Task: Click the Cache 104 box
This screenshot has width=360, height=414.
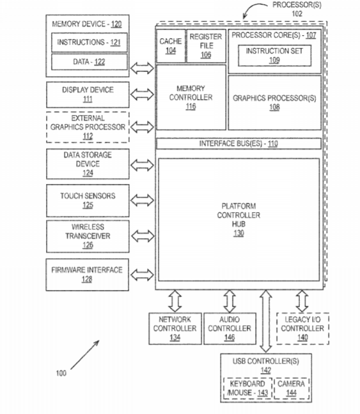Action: point(171,46)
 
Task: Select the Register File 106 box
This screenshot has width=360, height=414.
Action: point(206,46)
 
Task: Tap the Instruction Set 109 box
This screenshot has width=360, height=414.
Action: point(274,56)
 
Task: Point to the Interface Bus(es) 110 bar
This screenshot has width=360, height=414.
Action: point(239,144)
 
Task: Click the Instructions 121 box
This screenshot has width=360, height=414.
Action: point(90,42)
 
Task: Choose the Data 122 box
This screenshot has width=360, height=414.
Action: point(90,62)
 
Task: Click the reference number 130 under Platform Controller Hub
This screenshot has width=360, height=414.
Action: point(239,233)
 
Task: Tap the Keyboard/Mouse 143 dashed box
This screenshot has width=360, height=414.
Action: point(247,388)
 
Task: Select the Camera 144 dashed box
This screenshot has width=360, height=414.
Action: point(292,388)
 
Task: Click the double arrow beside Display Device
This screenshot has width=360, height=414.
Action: point(142,95)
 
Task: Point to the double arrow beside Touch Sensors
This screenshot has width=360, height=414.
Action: point(142,200)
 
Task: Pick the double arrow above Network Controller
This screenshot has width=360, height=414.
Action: point(175,302)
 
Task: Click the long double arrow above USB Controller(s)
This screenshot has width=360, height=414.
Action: point(266,321)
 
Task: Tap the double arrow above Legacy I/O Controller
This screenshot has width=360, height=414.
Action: point(302,302)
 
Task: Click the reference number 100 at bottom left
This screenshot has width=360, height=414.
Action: point(61,373)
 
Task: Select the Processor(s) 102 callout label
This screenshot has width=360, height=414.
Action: point(297,9)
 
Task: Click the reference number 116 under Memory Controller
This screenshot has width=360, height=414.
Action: point(191,107)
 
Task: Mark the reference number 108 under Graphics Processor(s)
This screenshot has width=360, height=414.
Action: point(274,107)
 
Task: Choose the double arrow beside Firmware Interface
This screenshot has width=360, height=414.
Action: point(142,275)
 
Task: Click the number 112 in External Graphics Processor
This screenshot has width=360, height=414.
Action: point(88,136)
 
